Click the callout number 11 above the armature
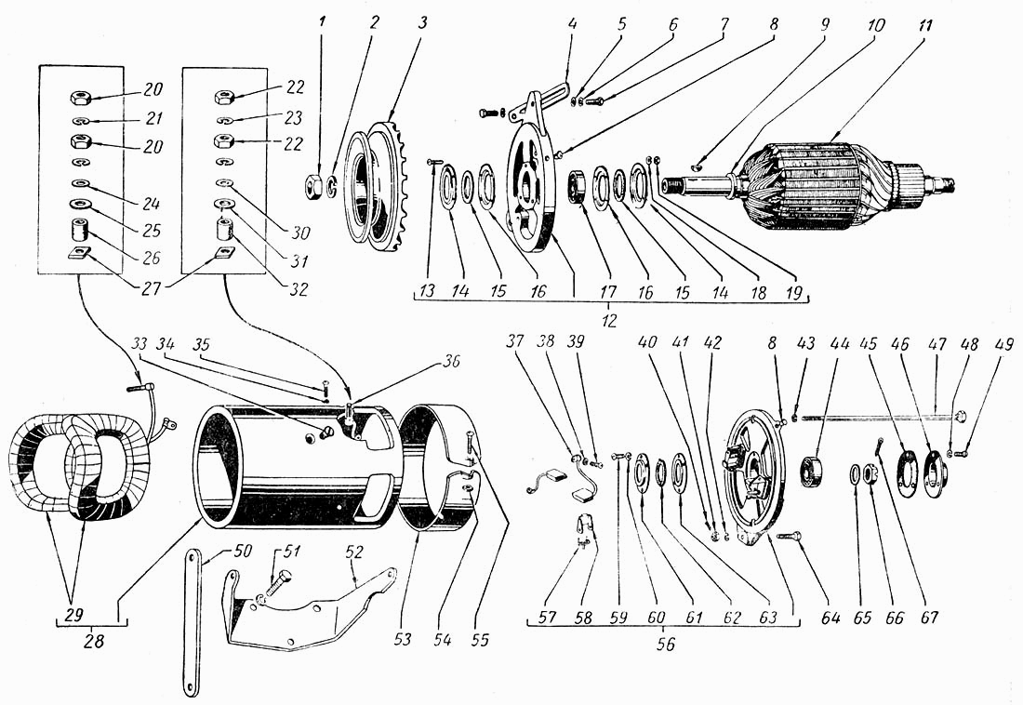[924, 26]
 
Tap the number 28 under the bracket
[94, 641]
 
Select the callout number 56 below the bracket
[666, 645]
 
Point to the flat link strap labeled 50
[192, 622]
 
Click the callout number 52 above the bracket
[354, 552]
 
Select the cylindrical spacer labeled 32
[225, 230]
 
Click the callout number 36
[451, 361]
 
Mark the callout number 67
[929, 617]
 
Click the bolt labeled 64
[789, 536]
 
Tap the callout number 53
[403, 638]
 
